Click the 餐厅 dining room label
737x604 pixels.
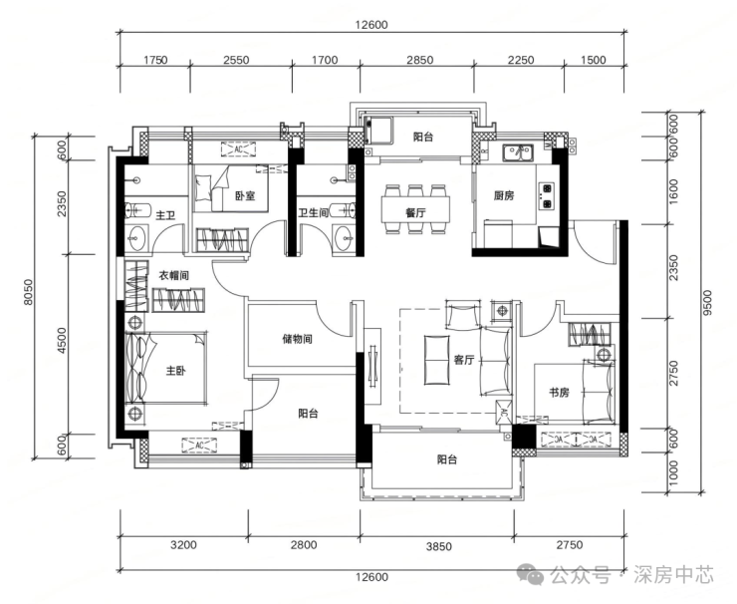415,212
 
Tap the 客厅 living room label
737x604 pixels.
464,360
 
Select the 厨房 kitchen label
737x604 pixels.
504,195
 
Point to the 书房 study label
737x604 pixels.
560,392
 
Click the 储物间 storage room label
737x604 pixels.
297,339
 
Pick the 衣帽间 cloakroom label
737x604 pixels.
173,276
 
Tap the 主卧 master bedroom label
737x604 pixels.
176,371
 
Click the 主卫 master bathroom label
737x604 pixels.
165,215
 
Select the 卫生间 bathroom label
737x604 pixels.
313,213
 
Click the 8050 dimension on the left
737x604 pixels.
29,292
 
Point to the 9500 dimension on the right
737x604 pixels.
708,302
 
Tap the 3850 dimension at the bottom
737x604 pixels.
439,546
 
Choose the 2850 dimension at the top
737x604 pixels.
419,60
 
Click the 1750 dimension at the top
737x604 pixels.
155,60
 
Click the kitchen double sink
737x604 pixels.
518,152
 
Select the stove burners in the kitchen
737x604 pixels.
546,195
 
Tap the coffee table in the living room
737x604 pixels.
437,360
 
